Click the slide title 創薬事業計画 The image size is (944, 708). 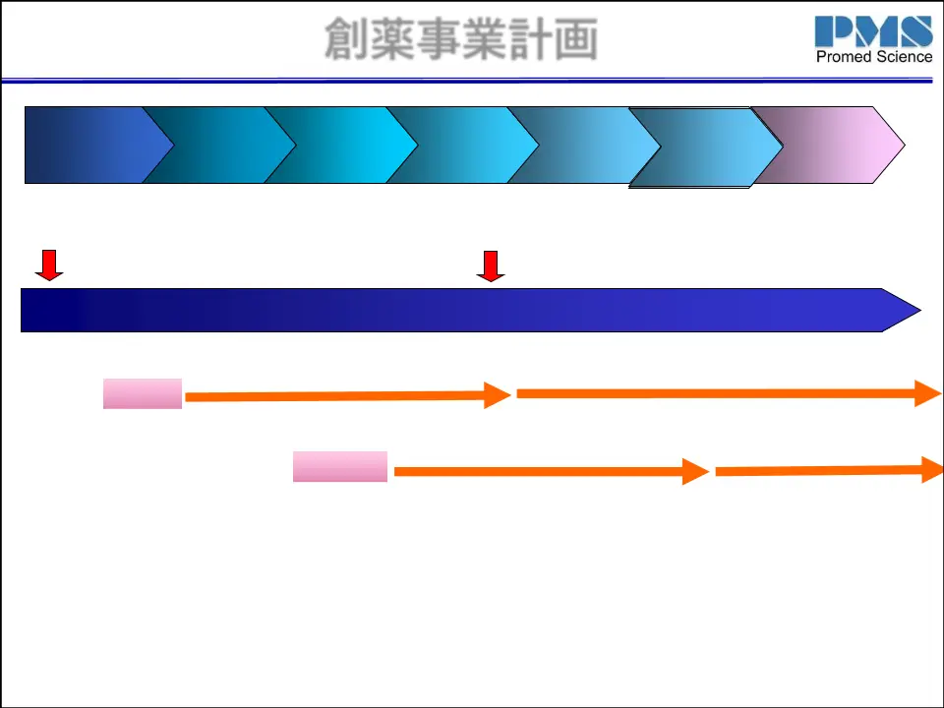click(x=461, y=40)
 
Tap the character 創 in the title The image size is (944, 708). click(x=347, y=40)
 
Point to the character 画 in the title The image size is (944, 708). click(x=575, y=40)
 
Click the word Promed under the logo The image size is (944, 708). click(x=845, y=57)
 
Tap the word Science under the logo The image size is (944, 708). click(x=904, y=57)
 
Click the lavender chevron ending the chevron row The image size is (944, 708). click(x=836, y=145)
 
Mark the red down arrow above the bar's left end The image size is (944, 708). click(x=48, y=265)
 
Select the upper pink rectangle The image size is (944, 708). click(x=143, y=393)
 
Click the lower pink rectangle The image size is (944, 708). click(x=340, y=466)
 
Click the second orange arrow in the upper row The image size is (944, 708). click(x=728, y=393)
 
